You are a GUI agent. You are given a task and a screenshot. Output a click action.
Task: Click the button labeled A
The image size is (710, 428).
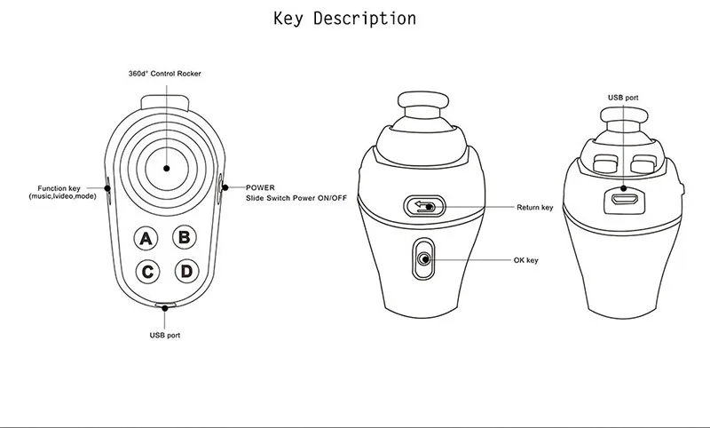(147, 238)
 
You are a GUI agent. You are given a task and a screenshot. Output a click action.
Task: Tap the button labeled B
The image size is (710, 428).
(184, 237)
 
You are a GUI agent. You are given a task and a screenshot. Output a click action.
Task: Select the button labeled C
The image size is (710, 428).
(147, 272)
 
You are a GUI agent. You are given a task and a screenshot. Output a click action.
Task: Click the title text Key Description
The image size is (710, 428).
(344, 18)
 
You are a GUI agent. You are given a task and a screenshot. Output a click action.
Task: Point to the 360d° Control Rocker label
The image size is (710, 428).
(165, 73)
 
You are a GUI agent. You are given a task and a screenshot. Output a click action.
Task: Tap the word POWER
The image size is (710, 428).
(260, 187)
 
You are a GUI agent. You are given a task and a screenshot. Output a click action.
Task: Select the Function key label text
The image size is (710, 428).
(67, 188)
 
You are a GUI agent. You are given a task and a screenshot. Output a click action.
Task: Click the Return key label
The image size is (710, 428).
(534, 208)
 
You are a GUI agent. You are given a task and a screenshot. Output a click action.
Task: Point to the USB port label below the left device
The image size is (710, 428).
(166, 336)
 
